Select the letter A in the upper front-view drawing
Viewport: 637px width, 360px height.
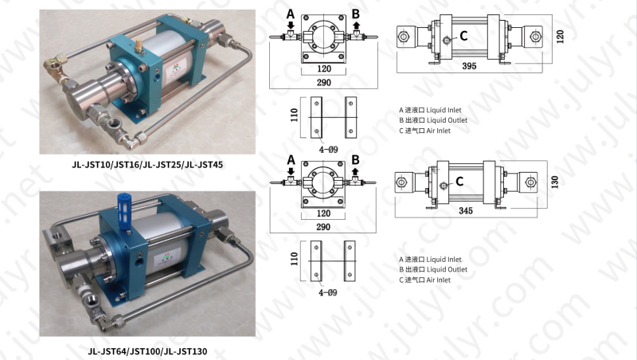point(290,14)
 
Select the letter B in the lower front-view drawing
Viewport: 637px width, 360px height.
point(355,158)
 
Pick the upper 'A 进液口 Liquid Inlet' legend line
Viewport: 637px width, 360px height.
point(430,110)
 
